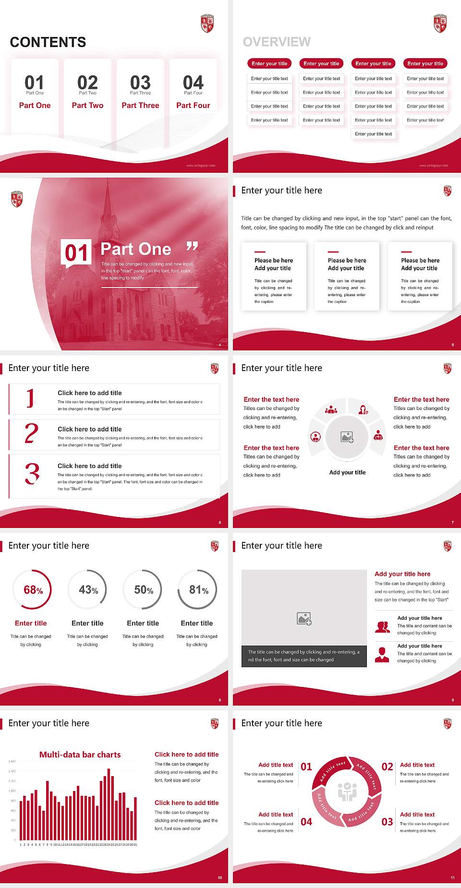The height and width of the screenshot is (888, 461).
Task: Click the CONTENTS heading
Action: tap(48, 42)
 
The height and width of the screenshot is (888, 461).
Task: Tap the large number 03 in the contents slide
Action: tap(140, 82)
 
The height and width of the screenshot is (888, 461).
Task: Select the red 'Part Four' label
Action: tap(193, 105)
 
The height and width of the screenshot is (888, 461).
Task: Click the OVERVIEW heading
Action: tap(277, 42)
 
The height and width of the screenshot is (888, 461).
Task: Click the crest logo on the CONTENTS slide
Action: tap(207, 23)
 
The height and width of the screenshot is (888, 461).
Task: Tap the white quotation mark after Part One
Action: tap(192, 247)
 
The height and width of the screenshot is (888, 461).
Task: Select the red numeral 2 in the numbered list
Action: tap(32, 433)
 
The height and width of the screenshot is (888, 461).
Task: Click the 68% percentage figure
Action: tap(33, 590)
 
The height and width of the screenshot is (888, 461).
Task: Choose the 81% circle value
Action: tap(199, 590)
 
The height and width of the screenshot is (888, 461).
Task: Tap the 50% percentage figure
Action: tap(144, 590)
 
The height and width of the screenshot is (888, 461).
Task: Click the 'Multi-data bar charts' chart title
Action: tap(80, 755)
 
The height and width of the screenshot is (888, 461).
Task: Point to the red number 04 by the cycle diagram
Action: tap(306, 822)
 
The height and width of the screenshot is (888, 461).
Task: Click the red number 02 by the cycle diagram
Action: tap(387, 767)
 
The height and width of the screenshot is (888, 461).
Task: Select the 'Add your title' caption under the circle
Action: tap(347, 472)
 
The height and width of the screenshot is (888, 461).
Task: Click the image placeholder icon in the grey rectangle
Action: tap(304, 619)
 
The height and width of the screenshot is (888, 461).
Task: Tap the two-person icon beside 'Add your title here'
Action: tap(382, 626)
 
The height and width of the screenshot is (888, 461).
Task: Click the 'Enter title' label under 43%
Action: tap(87, 623)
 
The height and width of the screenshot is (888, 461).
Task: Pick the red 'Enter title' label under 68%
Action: tap(31, 623)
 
